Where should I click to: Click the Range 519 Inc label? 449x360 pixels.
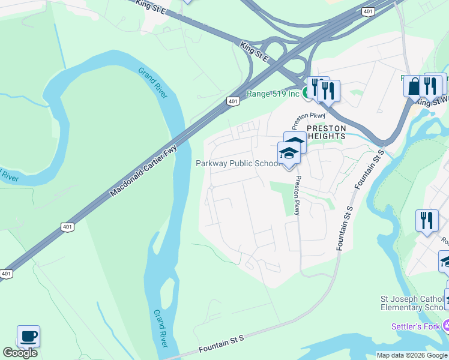click(273, 94)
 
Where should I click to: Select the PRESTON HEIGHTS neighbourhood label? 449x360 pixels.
click(327, 132)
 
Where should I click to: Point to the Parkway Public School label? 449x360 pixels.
click(238, 164)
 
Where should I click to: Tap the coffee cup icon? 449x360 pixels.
click(28, 336)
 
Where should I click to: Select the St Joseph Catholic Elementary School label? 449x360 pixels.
click(414, 303)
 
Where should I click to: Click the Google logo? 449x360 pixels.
click(20, 353)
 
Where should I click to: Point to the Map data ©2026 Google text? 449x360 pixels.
click(412, 355)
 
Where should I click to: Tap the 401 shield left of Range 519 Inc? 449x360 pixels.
click(233, 101)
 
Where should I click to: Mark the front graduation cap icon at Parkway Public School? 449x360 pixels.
click(289, 153)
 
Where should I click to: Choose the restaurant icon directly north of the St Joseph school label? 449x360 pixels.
click(426, 220)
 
